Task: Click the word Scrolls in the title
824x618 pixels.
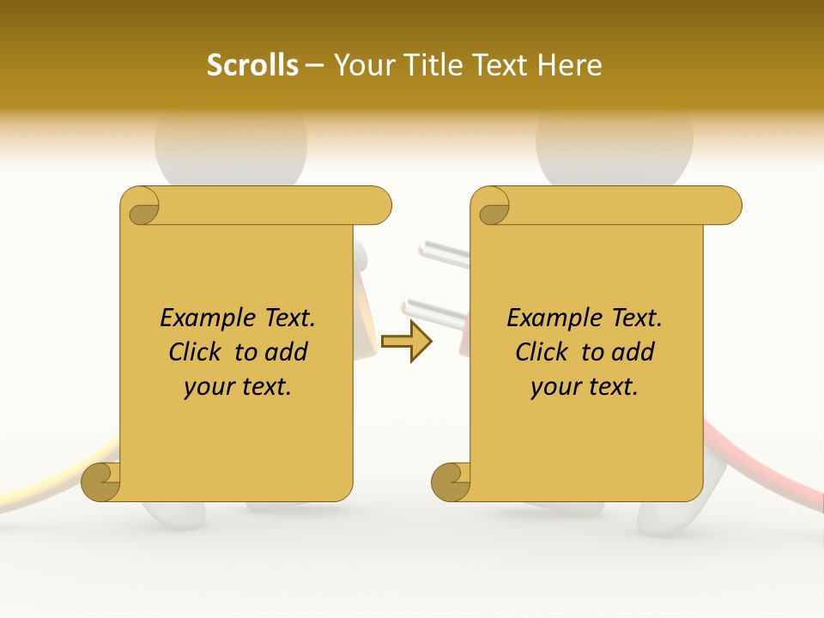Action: (252, 65)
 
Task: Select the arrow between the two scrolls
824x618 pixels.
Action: (407, 342)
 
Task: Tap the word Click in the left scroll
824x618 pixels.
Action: (197, 352)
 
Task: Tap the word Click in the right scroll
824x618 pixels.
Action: (543, 352)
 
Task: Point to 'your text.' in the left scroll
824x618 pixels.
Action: (238, 387)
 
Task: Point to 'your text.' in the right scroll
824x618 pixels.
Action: (585, 387)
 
